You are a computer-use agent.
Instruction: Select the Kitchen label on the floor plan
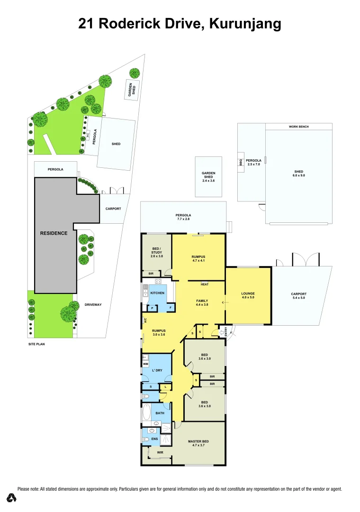157,293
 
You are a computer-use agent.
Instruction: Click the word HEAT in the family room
205,284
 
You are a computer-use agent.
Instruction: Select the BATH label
160,413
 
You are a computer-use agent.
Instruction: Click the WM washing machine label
145,364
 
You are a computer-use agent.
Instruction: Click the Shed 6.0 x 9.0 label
298,174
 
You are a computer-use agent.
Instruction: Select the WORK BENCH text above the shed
298,127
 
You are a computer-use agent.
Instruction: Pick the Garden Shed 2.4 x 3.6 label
208,177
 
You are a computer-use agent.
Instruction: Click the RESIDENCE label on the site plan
54,233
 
